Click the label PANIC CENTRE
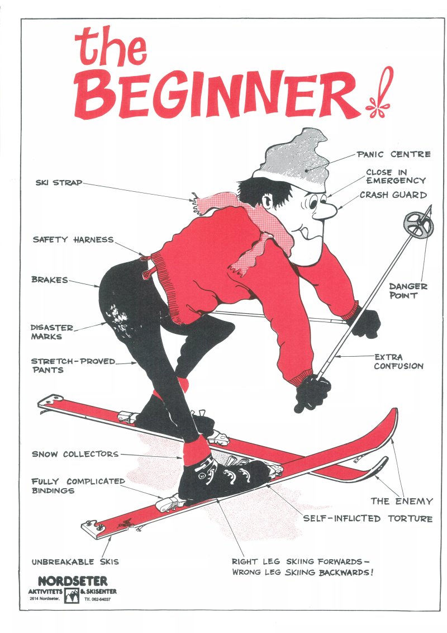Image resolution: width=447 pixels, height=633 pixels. pyautogui.click(x=393, y=154)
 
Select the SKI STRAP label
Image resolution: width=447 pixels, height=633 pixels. pyautogui.click(x=59, y=183)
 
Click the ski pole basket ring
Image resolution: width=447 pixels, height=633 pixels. pyautogui.click(x=419, y=224)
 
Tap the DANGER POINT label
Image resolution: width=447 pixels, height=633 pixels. pyautogui.click(x=408, y=291)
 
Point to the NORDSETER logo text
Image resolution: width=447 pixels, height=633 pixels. pyautogui.click(x=73, y=582)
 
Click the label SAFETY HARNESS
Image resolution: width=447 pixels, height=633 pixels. pyautogui.click(x=73, y=240)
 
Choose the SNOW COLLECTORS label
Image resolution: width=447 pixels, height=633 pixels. pyautogui.click(x=75, y=454)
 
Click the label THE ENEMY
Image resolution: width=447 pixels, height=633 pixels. pyautogui.click(x=401, y=502)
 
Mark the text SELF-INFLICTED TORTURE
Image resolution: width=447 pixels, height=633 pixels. pyautogui.click(x=368, y=518)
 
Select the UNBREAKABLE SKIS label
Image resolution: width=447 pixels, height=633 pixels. pyautogui.click(x=75, y=561)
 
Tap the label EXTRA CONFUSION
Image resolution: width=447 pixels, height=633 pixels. pyautogui.click(x=398, y=362)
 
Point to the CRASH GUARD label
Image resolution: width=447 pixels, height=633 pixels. pyautogui.click(x=393, y=195)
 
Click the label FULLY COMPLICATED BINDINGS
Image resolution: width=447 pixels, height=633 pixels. pyautogui.click(x=78, y=486)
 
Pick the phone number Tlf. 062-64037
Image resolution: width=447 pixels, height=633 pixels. pyautogui.click(x=97, y=599)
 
